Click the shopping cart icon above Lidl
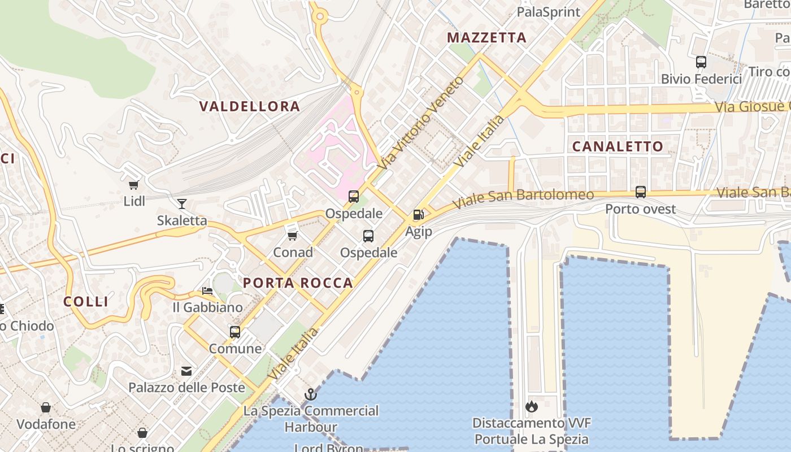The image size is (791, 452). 134,185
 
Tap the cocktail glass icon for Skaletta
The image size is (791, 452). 181,204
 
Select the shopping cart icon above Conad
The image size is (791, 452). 292,236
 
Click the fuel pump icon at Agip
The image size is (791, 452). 418,215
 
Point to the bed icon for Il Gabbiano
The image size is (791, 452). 207,291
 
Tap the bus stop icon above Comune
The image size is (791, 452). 235,332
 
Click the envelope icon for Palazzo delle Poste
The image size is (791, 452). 186,371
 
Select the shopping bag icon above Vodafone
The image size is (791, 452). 46,407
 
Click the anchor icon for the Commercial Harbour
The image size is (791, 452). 311,394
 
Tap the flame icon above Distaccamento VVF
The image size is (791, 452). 531,406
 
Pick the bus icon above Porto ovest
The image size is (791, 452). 640,192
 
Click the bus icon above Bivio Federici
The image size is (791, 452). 701,62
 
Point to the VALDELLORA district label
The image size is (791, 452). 250,106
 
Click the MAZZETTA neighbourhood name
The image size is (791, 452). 486,38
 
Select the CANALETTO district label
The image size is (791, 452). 618,146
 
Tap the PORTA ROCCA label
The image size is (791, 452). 298,283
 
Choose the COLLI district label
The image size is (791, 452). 86,302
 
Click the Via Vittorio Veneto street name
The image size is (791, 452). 421,123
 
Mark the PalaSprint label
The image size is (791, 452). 549,12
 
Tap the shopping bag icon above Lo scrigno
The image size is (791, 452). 142,433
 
